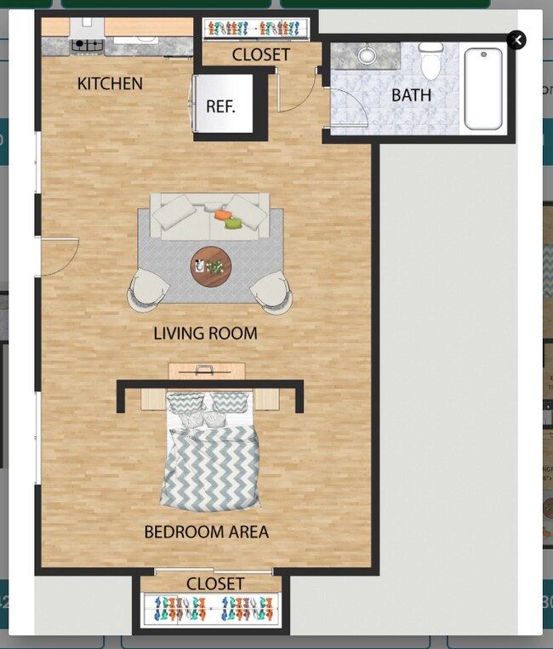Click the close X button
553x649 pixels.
pos(516,40)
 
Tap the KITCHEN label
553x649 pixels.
pos(110,83)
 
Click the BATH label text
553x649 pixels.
pos(411,94)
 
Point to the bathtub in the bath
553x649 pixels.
pos(483,88)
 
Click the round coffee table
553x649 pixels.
pos(210,267)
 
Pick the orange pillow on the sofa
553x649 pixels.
pos(223,215)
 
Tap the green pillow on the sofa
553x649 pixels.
pos(233,223)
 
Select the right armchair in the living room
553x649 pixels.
pos(272,291)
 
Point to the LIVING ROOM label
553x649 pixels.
pos(205,333)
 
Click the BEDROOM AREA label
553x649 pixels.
pos(206,532)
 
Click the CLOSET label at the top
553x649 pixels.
pos(260,55)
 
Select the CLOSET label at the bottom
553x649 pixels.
pos(215,584)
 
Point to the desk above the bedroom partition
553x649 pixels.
pos(206,371)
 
